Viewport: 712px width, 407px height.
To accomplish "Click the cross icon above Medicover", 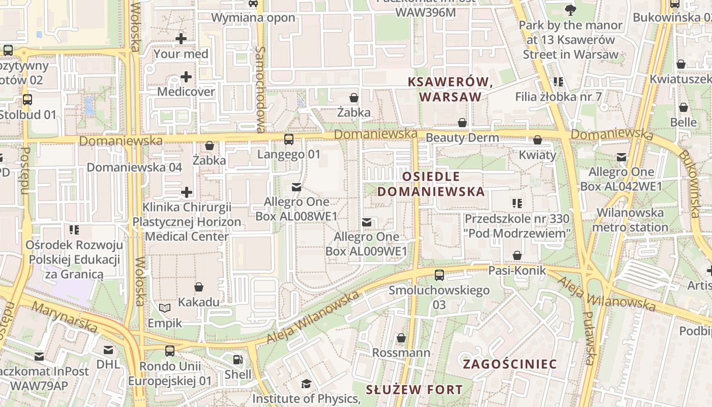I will [186, 77].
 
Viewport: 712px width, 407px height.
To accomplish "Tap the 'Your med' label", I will [181, 54].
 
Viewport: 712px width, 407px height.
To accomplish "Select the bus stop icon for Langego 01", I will [289, 139].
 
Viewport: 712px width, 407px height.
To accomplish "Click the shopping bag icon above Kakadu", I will [199, 287].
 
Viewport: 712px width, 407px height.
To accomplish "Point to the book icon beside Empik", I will [164, 308].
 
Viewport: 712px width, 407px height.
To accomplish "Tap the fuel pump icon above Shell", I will [238, 360].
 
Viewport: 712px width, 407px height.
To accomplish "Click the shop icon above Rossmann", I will [401, 338].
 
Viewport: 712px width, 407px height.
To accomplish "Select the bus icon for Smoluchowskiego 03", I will [439, 275].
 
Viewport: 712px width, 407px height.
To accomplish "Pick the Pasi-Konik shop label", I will [517, 270].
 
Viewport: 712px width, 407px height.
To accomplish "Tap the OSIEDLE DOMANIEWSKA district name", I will [431, 184].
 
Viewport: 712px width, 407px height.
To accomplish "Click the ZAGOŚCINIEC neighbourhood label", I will [510, 364].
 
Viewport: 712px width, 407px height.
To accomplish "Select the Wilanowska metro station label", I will [630, 220].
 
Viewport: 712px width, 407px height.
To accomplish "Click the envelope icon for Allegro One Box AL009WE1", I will [366, 222].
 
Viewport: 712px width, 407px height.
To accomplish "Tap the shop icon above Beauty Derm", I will [462, 123].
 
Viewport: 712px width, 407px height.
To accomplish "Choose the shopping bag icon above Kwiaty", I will [538, 140].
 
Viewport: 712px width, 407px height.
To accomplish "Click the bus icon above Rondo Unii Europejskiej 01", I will [170, 351].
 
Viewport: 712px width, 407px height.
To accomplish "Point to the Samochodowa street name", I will [261, 89].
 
